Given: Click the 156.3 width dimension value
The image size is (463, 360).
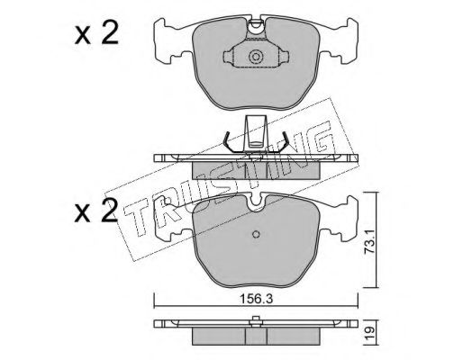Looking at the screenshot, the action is pyautogui.click(x=256, y=299).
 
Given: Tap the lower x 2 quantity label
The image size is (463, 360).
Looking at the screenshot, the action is pyautogui.click(x=95, y=211).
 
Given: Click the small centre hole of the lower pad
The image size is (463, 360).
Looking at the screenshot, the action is pyautogui.click(x=256, y=234).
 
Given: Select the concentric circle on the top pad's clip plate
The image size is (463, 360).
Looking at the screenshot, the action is pyautogui.click(x=256, y=57).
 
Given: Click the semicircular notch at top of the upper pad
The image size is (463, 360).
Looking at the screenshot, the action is pyautogui.click(x=256, y=24).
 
